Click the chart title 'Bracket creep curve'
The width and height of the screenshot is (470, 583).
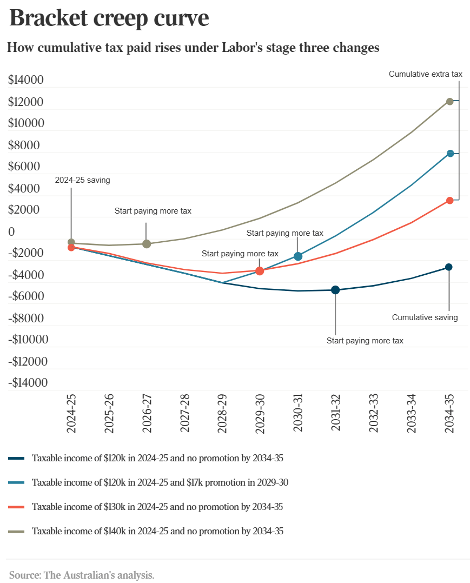[109, 18]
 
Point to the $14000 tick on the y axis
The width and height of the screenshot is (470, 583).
[26, 81]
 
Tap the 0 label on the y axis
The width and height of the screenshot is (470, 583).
[11, 232]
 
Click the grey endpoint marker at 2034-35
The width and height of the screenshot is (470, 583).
[449, 101]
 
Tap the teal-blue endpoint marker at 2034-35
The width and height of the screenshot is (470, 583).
[449, 154]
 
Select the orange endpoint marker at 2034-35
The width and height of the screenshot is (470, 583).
[449, 201]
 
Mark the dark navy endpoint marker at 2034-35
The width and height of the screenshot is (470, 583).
[449, 267]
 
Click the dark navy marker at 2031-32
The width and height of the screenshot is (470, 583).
[335, 290]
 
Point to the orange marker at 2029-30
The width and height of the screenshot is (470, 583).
[260, 271]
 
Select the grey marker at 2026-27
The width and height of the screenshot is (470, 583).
[147, 244]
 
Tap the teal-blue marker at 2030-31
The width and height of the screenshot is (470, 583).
[298, 256]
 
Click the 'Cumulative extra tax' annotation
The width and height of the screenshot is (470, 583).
[426, 74]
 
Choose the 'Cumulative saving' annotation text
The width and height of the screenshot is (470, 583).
[425, 317]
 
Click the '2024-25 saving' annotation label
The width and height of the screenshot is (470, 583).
[82, 180]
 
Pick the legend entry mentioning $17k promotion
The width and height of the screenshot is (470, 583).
[160, 482]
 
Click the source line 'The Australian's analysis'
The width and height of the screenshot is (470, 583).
[82, 574]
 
